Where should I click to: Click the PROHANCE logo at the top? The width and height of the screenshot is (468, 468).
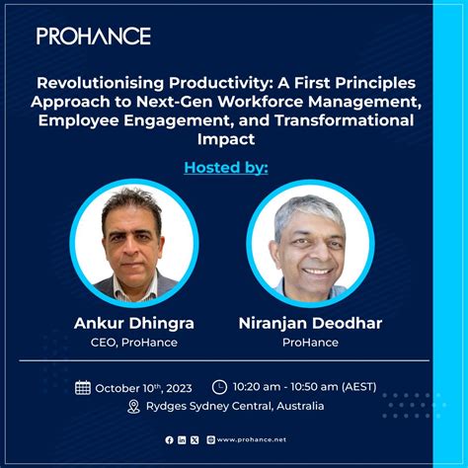[94, 36]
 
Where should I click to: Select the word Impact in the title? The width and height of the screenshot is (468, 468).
[234, 139]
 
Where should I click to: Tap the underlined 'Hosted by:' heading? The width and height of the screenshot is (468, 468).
[226, 167]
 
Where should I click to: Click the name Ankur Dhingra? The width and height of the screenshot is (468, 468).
[133, 323]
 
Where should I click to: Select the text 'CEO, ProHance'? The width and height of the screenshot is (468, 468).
[133, 342]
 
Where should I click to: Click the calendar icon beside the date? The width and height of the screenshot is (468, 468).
[83, 388]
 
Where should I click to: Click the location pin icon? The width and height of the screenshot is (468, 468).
[133, 407]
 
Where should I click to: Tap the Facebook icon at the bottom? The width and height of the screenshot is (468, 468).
[170, 439]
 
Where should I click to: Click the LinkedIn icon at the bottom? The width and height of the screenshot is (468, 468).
[183, 439]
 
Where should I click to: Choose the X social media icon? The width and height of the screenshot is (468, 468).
[195, 439]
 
